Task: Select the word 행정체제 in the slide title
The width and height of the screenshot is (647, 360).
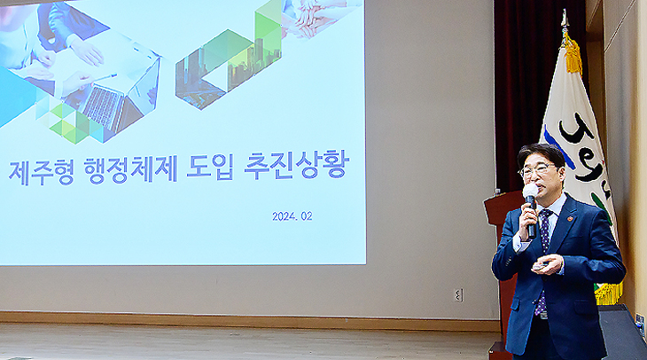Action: (x=131, y=169)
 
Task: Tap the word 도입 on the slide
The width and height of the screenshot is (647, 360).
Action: (x=210, y=167)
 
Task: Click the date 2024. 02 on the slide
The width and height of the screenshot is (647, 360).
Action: (x=292, y=216)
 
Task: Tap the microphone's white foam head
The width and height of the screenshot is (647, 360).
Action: (x=530, y=191)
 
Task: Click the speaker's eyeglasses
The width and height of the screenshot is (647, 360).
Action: (x=538, y=170)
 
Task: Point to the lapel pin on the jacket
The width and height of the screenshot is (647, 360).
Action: (x=570, y=218)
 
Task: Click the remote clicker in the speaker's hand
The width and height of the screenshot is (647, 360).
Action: (x=540, y=265)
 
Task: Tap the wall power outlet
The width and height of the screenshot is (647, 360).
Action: (x=458, y=294)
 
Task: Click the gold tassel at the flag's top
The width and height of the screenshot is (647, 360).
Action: (x=573, y=54)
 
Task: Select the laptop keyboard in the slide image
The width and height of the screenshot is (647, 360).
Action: (x=103, y=106)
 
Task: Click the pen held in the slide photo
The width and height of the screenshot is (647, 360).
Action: (x=105, y=77)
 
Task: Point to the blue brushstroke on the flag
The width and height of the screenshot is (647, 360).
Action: (x=557, y=147)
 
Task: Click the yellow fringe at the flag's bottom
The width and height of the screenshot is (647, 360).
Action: (x=609, y=293)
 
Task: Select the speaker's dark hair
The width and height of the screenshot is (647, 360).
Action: (x=541, y=155)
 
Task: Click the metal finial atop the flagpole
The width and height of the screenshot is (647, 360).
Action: (x=564, y=20)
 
